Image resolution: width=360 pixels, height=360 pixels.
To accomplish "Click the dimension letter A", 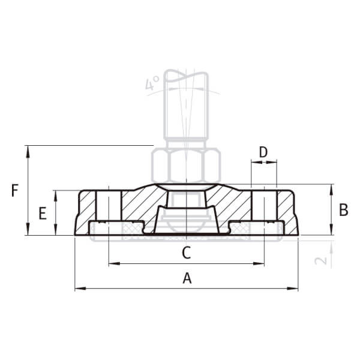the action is [187, 278].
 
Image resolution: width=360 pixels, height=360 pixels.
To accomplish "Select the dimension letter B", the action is [343, 210].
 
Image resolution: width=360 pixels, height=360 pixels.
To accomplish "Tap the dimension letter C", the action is [187, 253].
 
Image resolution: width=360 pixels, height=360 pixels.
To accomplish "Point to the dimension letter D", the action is [263, 152].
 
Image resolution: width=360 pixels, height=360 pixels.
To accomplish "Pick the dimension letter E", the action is [43, 213].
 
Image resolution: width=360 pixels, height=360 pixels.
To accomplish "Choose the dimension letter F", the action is [15, 191].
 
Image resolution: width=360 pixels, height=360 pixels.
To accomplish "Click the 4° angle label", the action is [152, 83].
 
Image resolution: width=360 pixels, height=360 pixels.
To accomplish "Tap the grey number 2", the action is [320, 260].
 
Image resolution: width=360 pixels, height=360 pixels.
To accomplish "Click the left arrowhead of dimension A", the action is [80, 289].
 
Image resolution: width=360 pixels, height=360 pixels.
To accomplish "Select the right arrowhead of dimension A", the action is [293, 289].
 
